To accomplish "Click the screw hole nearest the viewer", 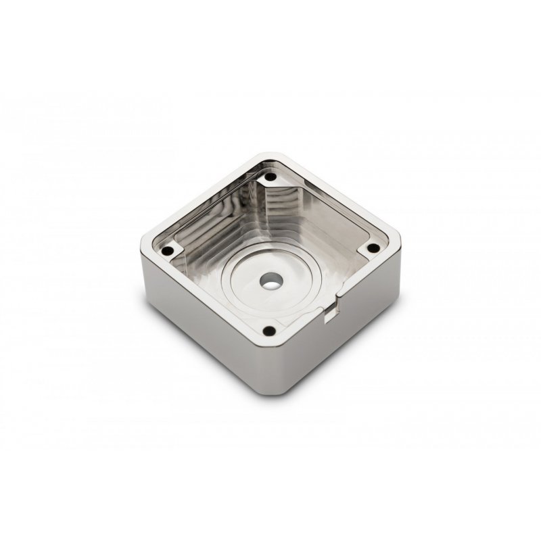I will [x=270, y=331].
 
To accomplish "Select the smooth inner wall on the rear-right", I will [x=318, y=216].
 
